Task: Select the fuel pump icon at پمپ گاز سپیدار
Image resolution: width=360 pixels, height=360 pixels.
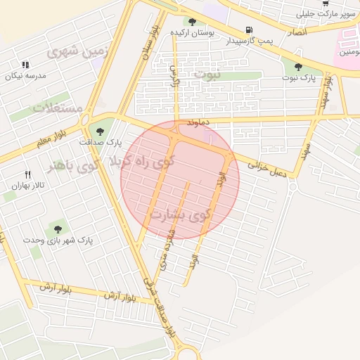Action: coord(248,30)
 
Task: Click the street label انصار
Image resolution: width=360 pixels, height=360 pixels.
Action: coord(297,32)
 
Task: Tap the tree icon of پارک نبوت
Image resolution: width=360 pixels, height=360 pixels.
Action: coord(299,67)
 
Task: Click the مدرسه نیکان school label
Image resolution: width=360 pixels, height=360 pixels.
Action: coord(27,75)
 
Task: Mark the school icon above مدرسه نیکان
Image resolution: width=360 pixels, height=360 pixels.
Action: coord(26,64)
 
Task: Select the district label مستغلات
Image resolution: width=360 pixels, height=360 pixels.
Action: coord(58,109)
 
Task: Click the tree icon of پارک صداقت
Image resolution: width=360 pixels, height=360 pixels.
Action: coord(99,129)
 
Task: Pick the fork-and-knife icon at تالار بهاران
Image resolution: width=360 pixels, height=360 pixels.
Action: coord(28,174)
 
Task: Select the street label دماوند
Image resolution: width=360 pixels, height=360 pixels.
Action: coord(199,122)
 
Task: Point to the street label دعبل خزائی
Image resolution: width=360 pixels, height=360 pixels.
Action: coord(268,169)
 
